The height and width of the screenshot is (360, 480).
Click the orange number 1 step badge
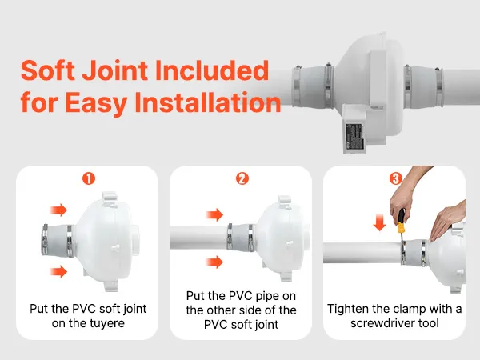tap(89, 178)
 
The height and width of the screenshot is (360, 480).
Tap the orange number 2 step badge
tap(242, 178)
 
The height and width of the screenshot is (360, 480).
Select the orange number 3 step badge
tap(395, 178)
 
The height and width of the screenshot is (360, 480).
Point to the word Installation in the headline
tap(208, 102)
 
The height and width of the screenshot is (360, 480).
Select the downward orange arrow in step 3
tap(379, 222)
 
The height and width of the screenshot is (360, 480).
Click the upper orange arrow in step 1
tap(58, 210)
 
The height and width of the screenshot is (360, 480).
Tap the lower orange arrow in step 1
tap(58, 271)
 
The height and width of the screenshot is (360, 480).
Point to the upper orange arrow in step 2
tap(214, 214)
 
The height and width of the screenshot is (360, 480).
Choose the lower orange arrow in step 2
tap(214, 262)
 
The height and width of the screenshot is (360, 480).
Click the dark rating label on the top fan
tap(354, 136)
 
